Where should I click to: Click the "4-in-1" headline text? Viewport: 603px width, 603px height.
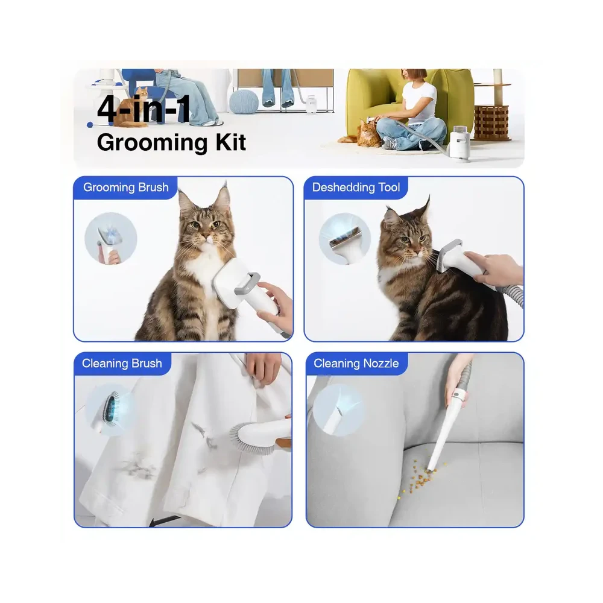144,109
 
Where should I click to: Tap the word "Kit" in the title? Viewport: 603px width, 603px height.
230,143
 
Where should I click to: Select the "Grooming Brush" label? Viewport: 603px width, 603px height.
126,188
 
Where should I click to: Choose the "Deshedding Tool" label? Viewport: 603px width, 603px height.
356,188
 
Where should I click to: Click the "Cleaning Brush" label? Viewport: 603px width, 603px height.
122,364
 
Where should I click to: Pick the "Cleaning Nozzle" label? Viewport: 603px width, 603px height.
356,364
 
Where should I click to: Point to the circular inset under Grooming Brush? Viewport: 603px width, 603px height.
111,238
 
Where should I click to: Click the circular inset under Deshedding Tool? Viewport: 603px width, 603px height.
344,239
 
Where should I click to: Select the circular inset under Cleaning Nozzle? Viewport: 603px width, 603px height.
338,410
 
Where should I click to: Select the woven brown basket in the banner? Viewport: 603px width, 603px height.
491,122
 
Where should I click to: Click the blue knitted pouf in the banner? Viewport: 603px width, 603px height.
244,102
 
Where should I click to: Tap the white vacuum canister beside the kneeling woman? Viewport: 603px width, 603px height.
459,142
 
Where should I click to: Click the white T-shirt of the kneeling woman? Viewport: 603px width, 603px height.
419,102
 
